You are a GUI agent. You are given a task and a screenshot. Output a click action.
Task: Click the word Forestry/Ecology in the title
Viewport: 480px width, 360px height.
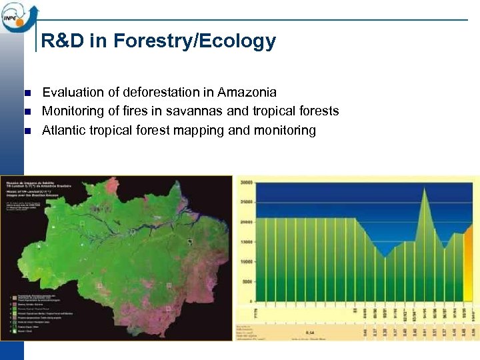coord(195,41)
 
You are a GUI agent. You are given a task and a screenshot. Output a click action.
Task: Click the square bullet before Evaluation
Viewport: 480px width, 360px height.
coord(27,93)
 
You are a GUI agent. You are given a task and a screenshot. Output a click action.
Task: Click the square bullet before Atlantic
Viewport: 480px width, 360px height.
coord(27,131)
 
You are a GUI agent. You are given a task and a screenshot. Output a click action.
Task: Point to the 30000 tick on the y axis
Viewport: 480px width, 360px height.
coord(247,181)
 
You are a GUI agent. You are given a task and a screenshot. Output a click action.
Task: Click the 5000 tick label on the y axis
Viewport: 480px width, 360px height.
coord(248,282)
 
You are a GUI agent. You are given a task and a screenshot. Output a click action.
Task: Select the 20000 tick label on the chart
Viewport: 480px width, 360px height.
coord(247,221)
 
